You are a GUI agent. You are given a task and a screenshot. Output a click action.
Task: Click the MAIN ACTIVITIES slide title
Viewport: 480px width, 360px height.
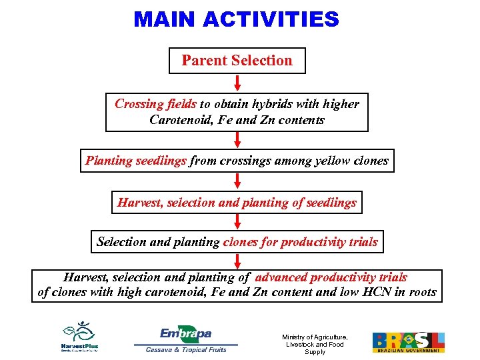[x=236, y=19]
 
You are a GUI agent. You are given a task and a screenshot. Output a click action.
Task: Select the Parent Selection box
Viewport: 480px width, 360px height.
[x=237, y=61]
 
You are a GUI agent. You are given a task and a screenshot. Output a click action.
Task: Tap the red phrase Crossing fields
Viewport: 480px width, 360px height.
[x=155, y=104]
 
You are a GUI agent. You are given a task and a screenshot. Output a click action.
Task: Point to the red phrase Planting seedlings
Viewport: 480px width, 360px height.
[x=135, y=161]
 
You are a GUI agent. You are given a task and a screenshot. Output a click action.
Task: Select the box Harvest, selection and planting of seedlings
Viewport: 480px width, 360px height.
[x=237, y=203]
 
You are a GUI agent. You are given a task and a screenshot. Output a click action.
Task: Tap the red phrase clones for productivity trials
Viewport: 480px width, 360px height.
[x=300, y=242]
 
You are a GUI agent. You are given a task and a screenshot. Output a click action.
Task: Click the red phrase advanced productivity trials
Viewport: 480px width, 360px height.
[x=331, y=277]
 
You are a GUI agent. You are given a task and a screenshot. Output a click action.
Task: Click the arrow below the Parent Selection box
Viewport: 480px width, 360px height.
[x=237, y=83]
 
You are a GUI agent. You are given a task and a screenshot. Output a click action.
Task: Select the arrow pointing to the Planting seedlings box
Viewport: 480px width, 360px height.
[x=237, y=140]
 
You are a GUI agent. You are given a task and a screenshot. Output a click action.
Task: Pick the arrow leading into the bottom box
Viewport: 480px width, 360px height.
[x=237, y=261]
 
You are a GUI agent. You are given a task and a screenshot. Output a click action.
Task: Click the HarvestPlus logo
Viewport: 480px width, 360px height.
[x=80, y=336]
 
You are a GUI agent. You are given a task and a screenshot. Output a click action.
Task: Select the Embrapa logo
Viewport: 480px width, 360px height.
[x=185, y=333]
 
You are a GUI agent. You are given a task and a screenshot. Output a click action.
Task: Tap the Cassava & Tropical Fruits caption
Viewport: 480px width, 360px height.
[x=186, y=349]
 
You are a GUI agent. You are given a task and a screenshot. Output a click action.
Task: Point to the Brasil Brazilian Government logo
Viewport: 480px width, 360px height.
[x=408, y=342]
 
